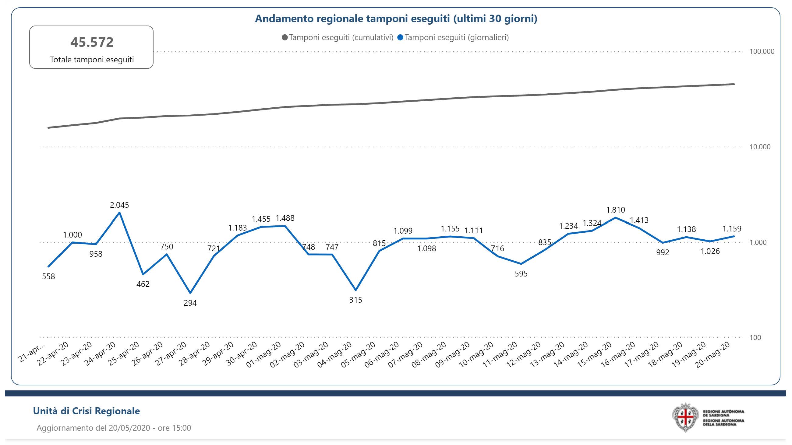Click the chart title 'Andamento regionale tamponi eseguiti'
click(x=396, y=19)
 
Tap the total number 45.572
click(x=92, y=42)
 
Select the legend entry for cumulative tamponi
click(x=338, y=37)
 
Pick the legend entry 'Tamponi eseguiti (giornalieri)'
click(x=453, y=37)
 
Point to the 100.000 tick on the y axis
click(x=762, y=51)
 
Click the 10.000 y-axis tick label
click(x=760, y=147)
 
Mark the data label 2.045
click(x=119, y=205)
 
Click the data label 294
click(x=190, y=303)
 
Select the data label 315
click(x=355, y=300)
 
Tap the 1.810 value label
click(x=616, y=210)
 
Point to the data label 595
click(x=521, y=273)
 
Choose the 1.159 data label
click(x=732, y=228)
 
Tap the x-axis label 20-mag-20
click(x=713, y=355)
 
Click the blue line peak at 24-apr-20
click(x=119, y=212)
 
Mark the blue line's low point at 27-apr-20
click(x=190, y=293)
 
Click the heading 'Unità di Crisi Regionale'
click(x=87, y=411)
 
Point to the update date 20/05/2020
click(x=129, y=428)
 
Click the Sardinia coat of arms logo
click(x=685, y=417)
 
